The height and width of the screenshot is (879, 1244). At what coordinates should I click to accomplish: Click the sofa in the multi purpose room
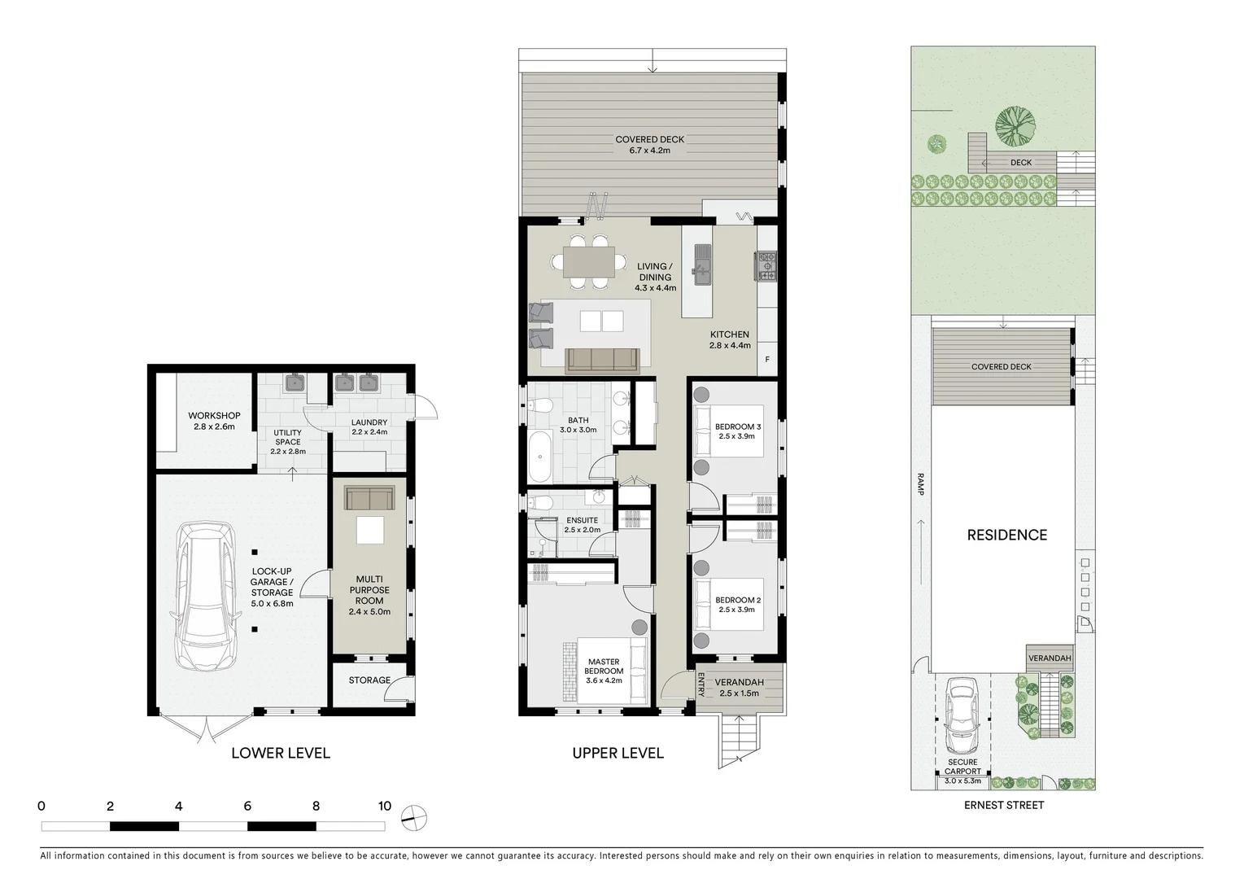[369, 497]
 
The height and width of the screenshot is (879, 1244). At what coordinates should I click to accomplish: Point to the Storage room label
[369, 680]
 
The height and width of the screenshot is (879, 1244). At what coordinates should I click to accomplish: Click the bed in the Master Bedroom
[605, 671]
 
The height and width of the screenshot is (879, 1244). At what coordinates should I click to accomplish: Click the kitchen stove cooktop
[767, 265]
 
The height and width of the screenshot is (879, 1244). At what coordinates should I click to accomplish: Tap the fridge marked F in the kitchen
[766, 359]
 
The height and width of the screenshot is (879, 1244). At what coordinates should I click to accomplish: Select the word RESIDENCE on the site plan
[1006, 535]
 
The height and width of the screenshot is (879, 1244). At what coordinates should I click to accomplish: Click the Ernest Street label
[1003, 805]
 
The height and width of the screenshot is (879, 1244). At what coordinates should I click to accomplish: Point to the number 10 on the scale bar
[384, 807]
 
